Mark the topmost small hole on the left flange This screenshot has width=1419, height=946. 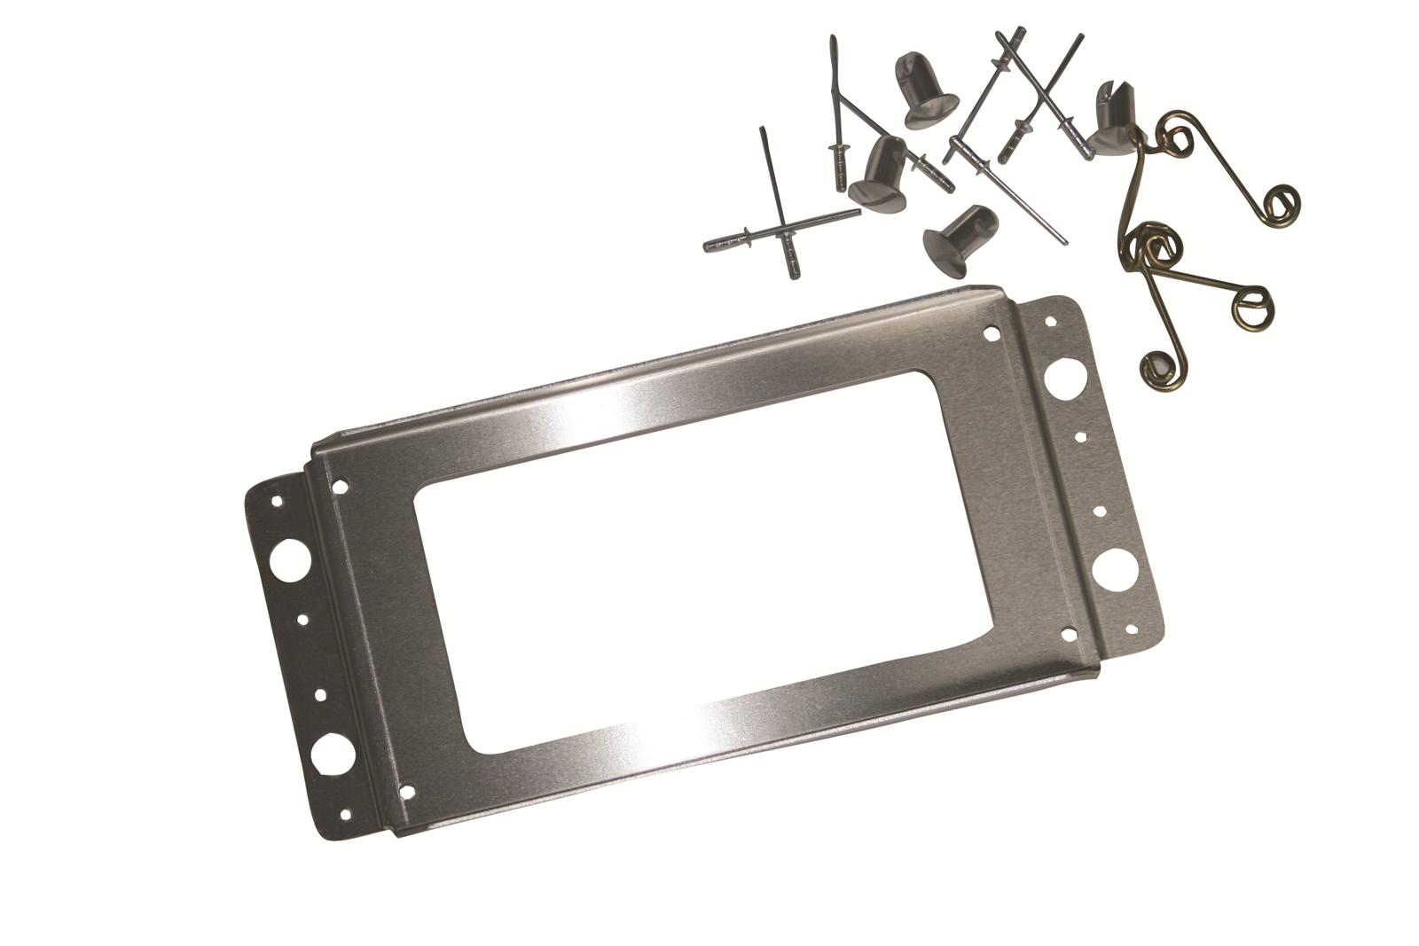click(276, 502)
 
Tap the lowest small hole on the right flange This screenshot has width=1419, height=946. click(1130, 630)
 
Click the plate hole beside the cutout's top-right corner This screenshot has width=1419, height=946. click(991, 334)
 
